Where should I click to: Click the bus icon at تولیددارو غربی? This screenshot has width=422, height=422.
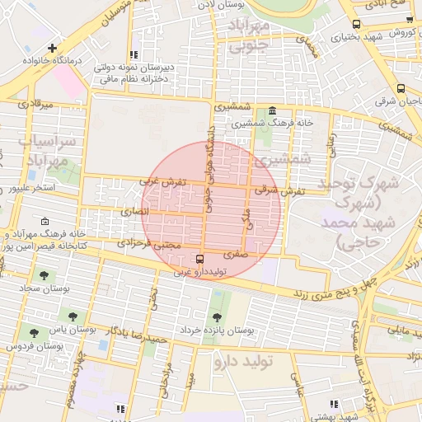(177, 259)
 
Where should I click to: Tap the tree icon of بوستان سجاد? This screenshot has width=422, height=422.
(44, 276)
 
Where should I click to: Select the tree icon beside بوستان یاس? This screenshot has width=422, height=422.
(74, 316)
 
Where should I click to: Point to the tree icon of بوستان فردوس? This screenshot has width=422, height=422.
(34, 333)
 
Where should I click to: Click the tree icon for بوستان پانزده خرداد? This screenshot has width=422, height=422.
(217, 316)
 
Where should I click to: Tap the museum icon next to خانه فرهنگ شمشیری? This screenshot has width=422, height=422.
(272, 110)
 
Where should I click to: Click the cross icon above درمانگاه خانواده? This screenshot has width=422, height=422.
(54, 49)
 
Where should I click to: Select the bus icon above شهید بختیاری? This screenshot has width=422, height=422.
(355, 24)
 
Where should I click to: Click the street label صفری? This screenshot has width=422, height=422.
(234, 255)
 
